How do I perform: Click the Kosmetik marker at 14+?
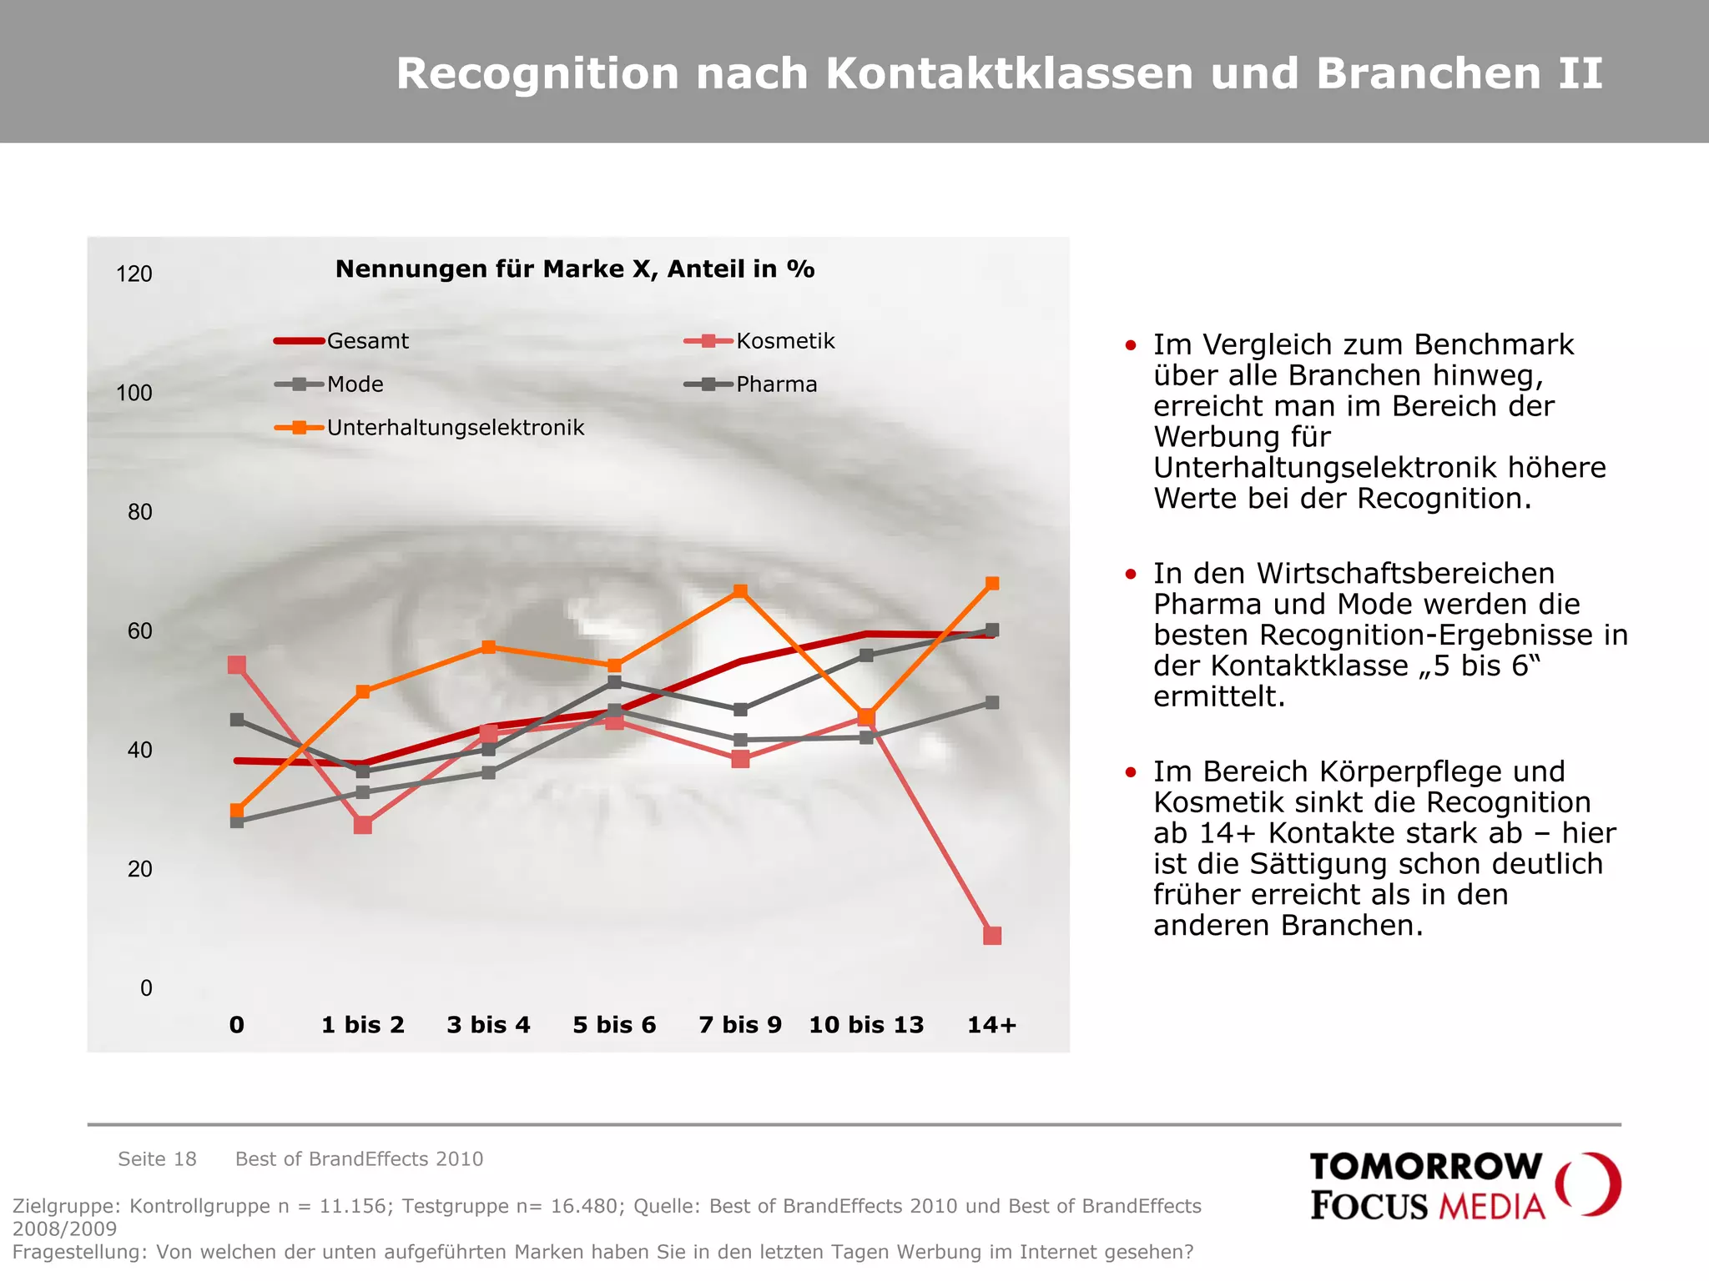[x=991, y=935]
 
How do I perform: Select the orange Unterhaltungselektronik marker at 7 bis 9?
[x=740, y=591]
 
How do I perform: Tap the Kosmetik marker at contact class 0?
[x=237, y=665]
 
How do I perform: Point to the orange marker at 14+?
[x=991, y=584]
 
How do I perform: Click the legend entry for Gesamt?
[x=343, y=341]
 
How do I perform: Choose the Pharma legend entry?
[x=751, y=384]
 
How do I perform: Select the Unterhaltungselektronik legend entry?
[x=431, y=428]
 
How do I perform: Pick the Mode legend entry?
[x=330, y=384]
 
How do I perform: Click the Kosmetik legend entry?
[x=760, y=341]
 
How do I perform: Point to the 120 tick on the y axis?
[x=134, y=274]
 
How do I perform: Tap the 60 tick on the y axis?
[x=140, y=631]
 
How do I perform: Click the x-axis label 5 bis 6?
[x=614, y=1025]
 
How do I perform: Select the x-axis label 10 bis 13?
[x=866, y=1025]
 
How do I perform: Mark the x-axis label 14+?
[x=991, y=1025]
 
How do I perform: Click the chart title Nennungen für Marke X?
[x=574, y=269]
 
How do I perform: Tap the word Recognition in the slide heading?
[x=538, y=73]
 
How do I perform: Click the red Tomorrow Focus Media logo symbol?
[x=1589, y=1184]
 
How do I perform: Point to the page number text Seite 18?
[x=157, y=1159]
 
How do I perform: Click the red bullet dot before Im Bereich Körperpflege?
[x=1131, y=772]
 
